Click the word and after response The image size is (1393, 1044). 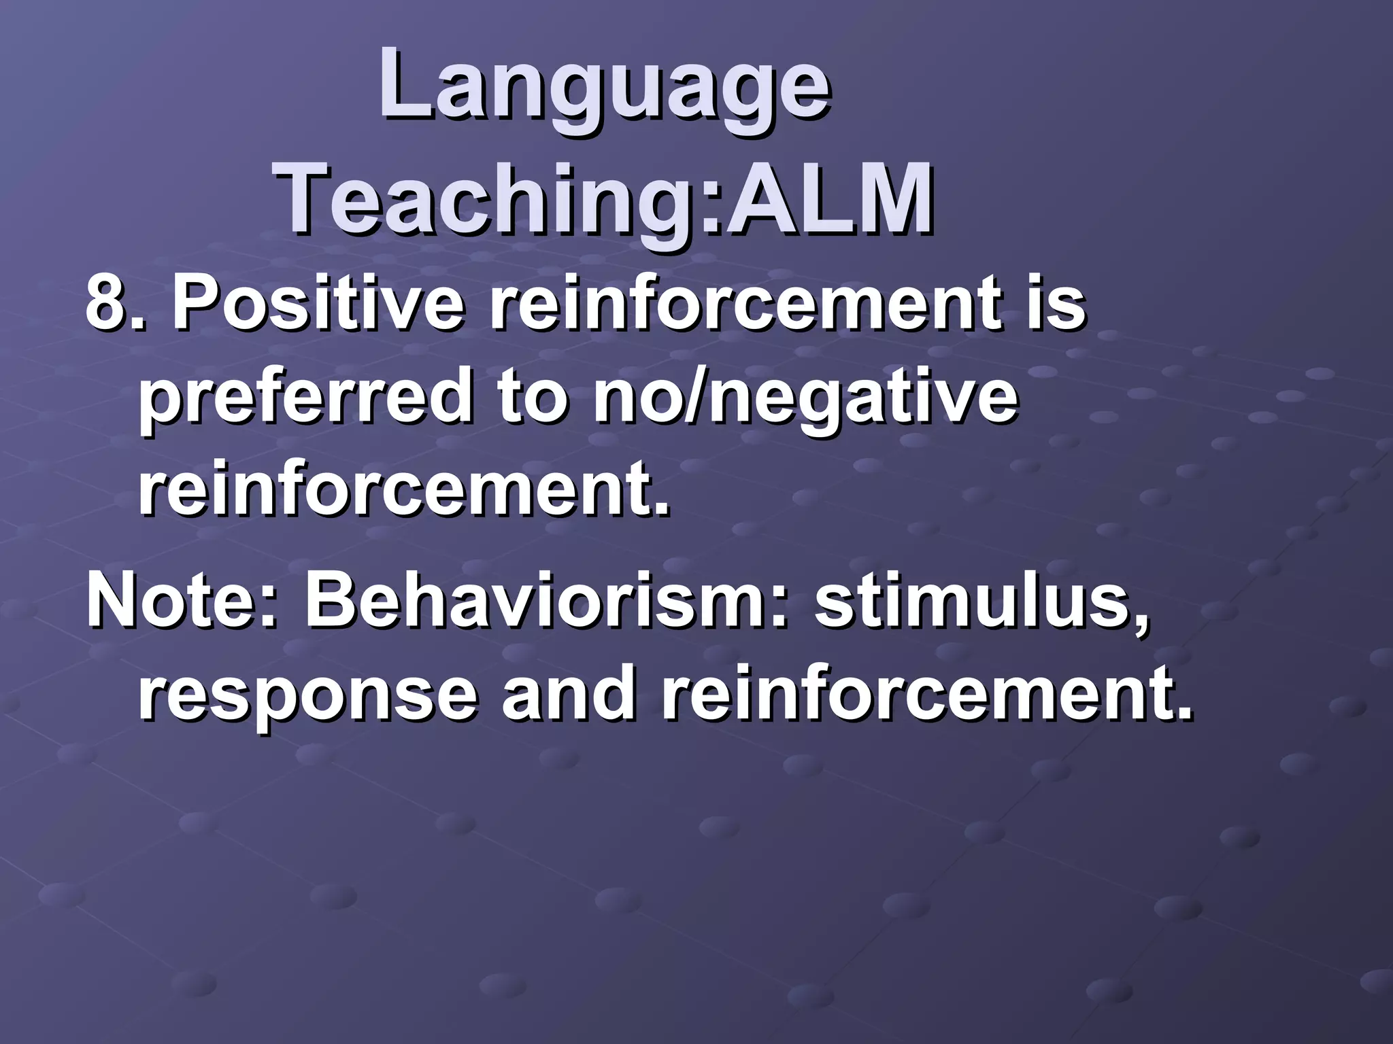568,697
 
